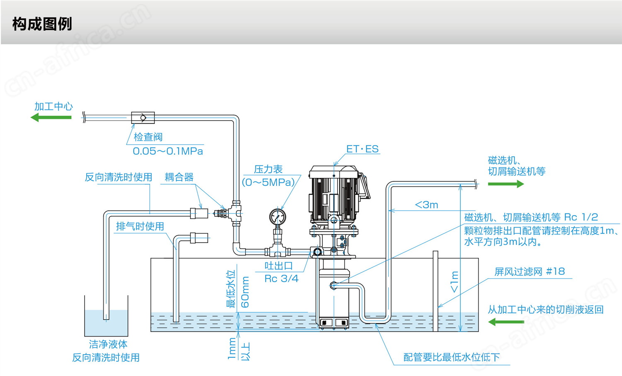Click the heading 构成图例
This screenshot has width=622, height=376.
pyautogui.click(x=42, y=24)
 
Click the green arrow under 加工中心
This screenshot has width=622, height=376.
pyautogui.click(x=51, y=117)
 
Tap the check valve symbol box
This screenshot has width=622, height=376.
pyautogui.click(x=143, y=118)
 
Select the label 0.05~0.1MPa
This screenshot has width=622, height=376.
pyautogui.click(x=168, y=151)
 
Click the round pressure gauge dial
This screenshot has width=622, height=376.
pyautogui.click(x=277, y=216)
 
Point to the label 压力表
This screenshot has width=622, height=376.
pyautogui.click(x=268, y=169)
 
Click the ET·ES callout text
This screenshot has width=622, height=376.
pyautogui.click(x=362, y=149)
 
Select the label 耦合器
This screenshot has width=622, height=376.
pyautogui.click(x=179, y=177)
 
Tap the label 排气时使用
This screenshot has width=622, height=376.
pyautogui.click(x=140, y=226)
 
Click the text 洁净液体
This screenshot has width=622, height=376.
pyautogui.click(x=108, y=344)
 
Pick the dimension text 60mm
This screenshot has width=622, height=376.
pyautogui.click(x=245, y=292)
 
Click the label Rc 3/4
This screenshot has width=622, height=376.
pyautogui.click(x=281, y=279)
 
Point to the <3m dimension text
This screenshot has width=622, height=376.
pyautogui.click(x=427, y=205)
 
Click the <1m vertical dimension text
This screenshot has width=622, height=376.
pyautogui.click(x=454, y=281)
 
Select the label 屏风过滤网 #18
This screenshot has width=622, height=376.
pyautogui.click(x=530, y=272)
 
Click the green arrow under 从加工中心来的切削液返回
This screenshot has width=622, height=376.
pyautogui.click(x=506, y=322)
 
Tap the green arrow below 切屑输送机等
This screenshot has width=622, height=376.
pyautogui.click(x=506, y=184)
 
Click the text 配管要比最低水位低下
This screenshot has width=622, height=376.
pyautogui.click(x=452, y=357)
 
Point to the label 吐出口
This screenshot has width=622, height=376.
pyautogui.click(x=279, y=266)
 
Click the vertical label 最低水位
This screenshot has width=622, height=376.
pyautogui.click(x=231, y=289)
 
